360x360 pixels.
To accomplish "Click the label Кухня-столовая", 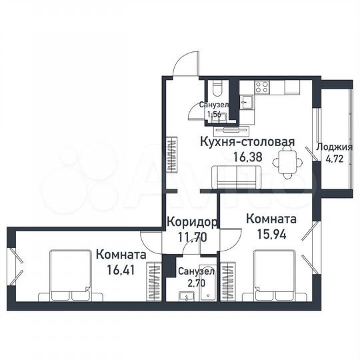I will click(247, 142).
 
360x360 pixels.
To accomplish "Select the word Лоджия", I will click(335, 147).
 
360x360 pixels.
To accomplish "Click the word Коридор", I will click(192, 222).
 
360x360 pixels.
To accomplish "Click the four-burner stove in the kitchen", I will click(261, 87).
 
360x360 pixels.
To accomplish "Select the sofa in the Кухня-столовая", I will click(235, 177).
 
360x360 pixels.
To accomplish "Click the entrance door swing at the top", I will click(183, 65).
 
